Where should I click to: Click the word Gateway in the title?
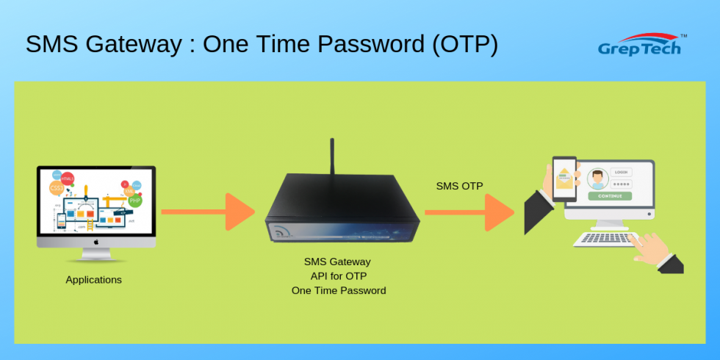[143, 44]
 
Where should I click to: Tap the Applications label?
[94, 280]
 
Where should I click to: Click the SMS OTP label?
[460, 186]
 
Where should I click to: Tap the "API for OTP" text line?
[338, 276]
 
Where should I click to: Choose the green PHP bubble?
[134, 201]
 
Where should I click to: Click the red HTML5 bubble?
[68, 179]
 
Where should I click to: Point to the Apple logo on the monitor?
[96, 241]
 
